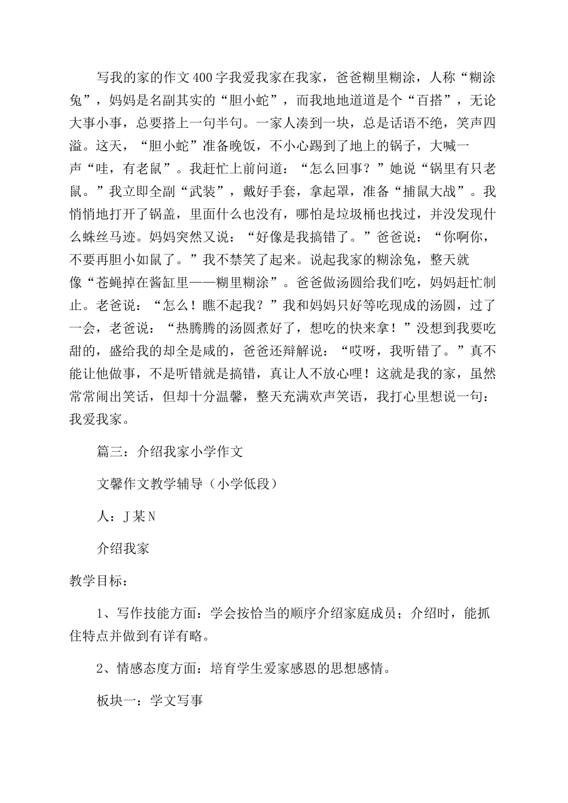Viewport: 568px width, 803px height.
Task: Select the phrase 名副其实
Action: tap(172, 100)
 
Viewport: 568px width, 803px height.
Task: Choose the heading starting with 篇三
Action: tap(170, 452)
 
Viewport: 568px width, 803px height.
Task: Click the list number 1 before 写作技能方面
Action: tap(100, 614)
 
